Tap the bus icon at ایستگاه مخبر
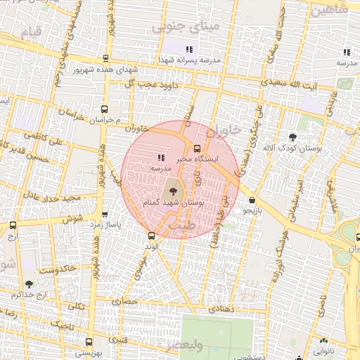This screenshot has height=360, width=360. coord(196,148)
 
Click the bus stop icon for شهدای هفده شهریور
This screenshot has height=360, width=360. coord(105,60)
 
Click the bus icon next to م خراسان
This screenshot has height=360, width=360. coord(104,109)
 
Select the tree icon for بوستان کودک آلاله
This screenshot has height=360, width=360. coord(292,136)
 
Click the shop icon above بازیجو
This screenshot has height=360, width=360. coord(252,200)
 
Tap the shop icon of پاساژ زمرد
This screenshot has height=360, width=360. coord(105,214)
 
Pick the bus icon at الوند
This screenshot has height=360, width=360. coord(150,236)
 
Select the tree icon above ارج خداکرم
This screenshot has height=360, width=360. coord(28,284)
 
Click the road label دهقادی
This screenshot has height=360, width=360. coord(221,309)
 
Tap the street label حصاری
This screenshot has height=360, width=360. coord(131,300)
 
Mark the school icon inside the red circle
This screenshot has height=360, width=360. coord(160,157)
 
